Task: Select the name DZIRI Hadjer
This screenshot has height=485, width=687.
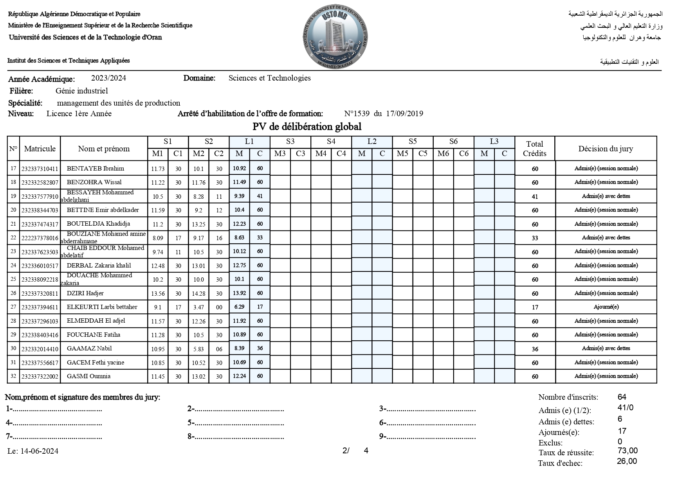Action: pos(85,293)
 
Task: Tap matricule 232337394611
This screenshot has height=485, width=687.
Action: pos(40,307)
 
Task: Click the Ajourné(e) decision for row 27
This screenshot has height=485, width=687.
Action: pos(606,307)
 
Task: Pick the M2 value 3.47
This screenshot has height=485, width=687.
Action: pos(198,307)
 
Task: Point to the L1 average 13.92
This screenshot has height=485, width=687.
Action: pos(239,293)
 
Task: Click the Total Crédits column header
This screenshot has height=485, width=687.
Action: pos(534,149)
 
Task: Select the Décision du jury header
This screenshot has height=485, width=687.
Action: pos(606,149)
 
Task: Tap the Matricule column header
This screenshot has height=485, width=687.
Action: pos(40,149)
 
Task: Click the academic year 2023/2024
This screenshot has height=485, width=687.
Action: pos(108,78)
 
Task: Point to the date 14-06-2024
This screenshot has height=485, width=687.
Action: pos(39,451)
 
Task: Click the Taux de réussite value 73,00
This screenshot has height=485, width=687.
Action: pos(627,451)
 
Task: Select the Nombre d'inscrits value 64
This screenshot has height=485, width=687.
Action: pos(622,397)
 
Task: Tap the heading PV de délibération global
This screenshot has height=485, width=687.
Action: pos(307,127)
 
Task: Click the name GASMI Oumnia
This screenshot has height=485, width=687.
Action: pos(88,376)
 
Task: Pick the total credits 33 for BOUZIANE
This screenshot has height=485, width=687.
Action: pos(535,238)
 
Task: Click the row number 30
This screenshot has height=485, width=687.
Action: pos(13,348)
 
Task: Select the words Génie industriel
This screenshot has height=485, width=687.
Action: pos(81,91)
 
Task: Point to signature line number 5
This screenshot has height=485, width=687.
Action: pos(236,423)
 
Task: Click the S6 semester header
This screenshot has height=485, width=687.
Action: pos(453,142)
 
